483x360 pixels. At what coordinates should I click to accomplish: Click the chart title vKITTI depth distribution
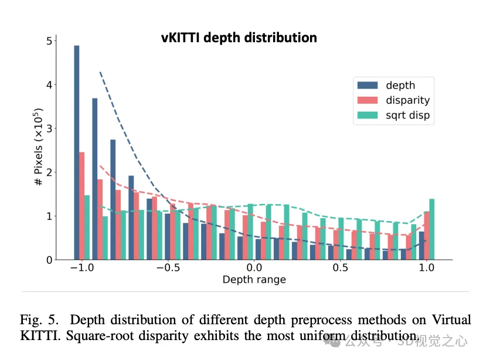(x=239, y=38)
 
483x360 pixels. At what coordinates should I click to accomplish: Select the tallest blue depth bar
(x=77, y=152)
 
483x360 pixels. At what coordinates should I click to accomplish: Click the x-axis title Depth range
(x=254, y=280)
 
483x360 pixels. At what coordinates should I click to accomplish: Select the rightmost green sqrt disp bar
(x=432, y=229)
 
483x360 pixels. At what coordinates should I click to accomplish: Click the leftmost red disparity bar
(x=82, y=206)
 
